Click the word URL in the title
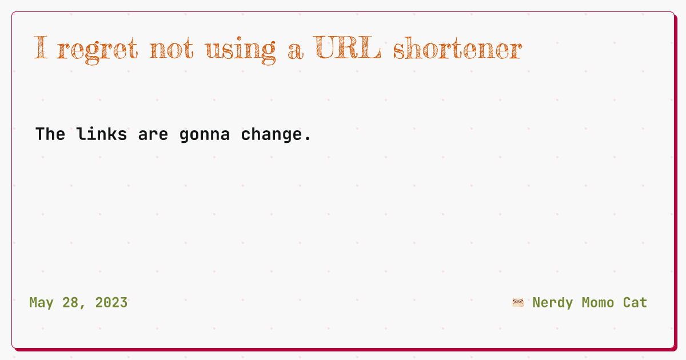(347, 47)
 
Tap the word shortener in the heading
(457, 48)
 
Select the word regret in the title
(97, 50)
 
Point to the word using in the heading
(241, 50)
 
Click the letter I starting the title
(41, 47)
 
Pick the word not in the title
(171, 49)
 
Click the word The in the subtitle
(50, 134)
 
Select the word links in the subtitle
(102, 134)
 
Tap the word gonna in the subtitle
(205, 136)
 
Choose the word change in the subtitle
(272, 135)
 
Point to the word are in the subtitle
(153, 135)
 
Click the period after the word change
(308, 139)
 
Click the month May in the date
(41, 303)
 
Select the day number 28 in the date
(70, 303)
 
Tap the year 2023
(111, 303)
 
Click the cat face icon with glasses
(518, 303)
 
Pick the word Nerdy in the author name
(553, 303)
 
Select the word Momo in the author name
(598, 303)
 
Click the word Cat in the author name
(635, 303)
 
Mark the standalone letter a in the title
(296, 52)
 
